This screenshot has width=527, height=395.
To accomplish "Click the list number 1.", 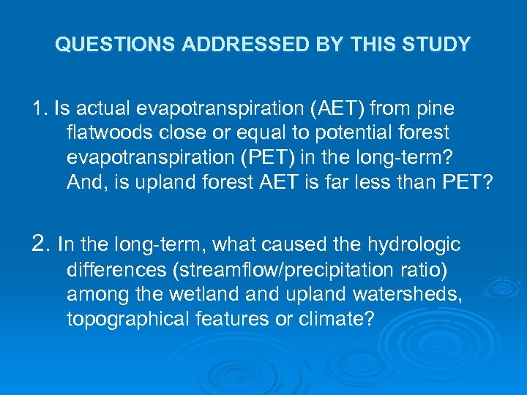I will (38, 110).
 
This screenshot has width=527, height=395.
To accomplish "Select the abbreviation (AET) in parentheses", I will (337, 110).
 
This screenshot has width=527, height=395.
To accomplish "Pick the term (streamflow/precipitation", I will (287, 270).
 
